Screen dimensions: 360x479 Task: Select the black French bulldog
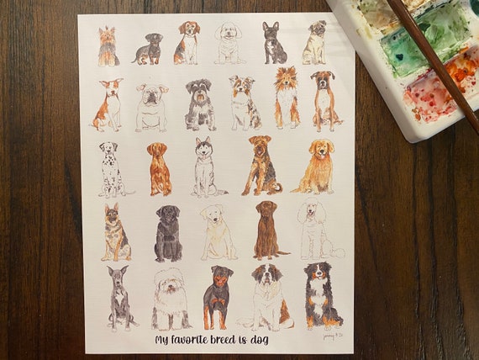pos(273,43)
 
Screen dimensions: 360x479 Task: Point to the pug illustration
pos(315,43)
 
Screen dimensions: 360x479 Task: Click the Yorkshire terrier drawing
pos(108,46)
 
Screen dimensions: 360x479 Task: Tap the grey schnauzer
pos(200,104)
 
